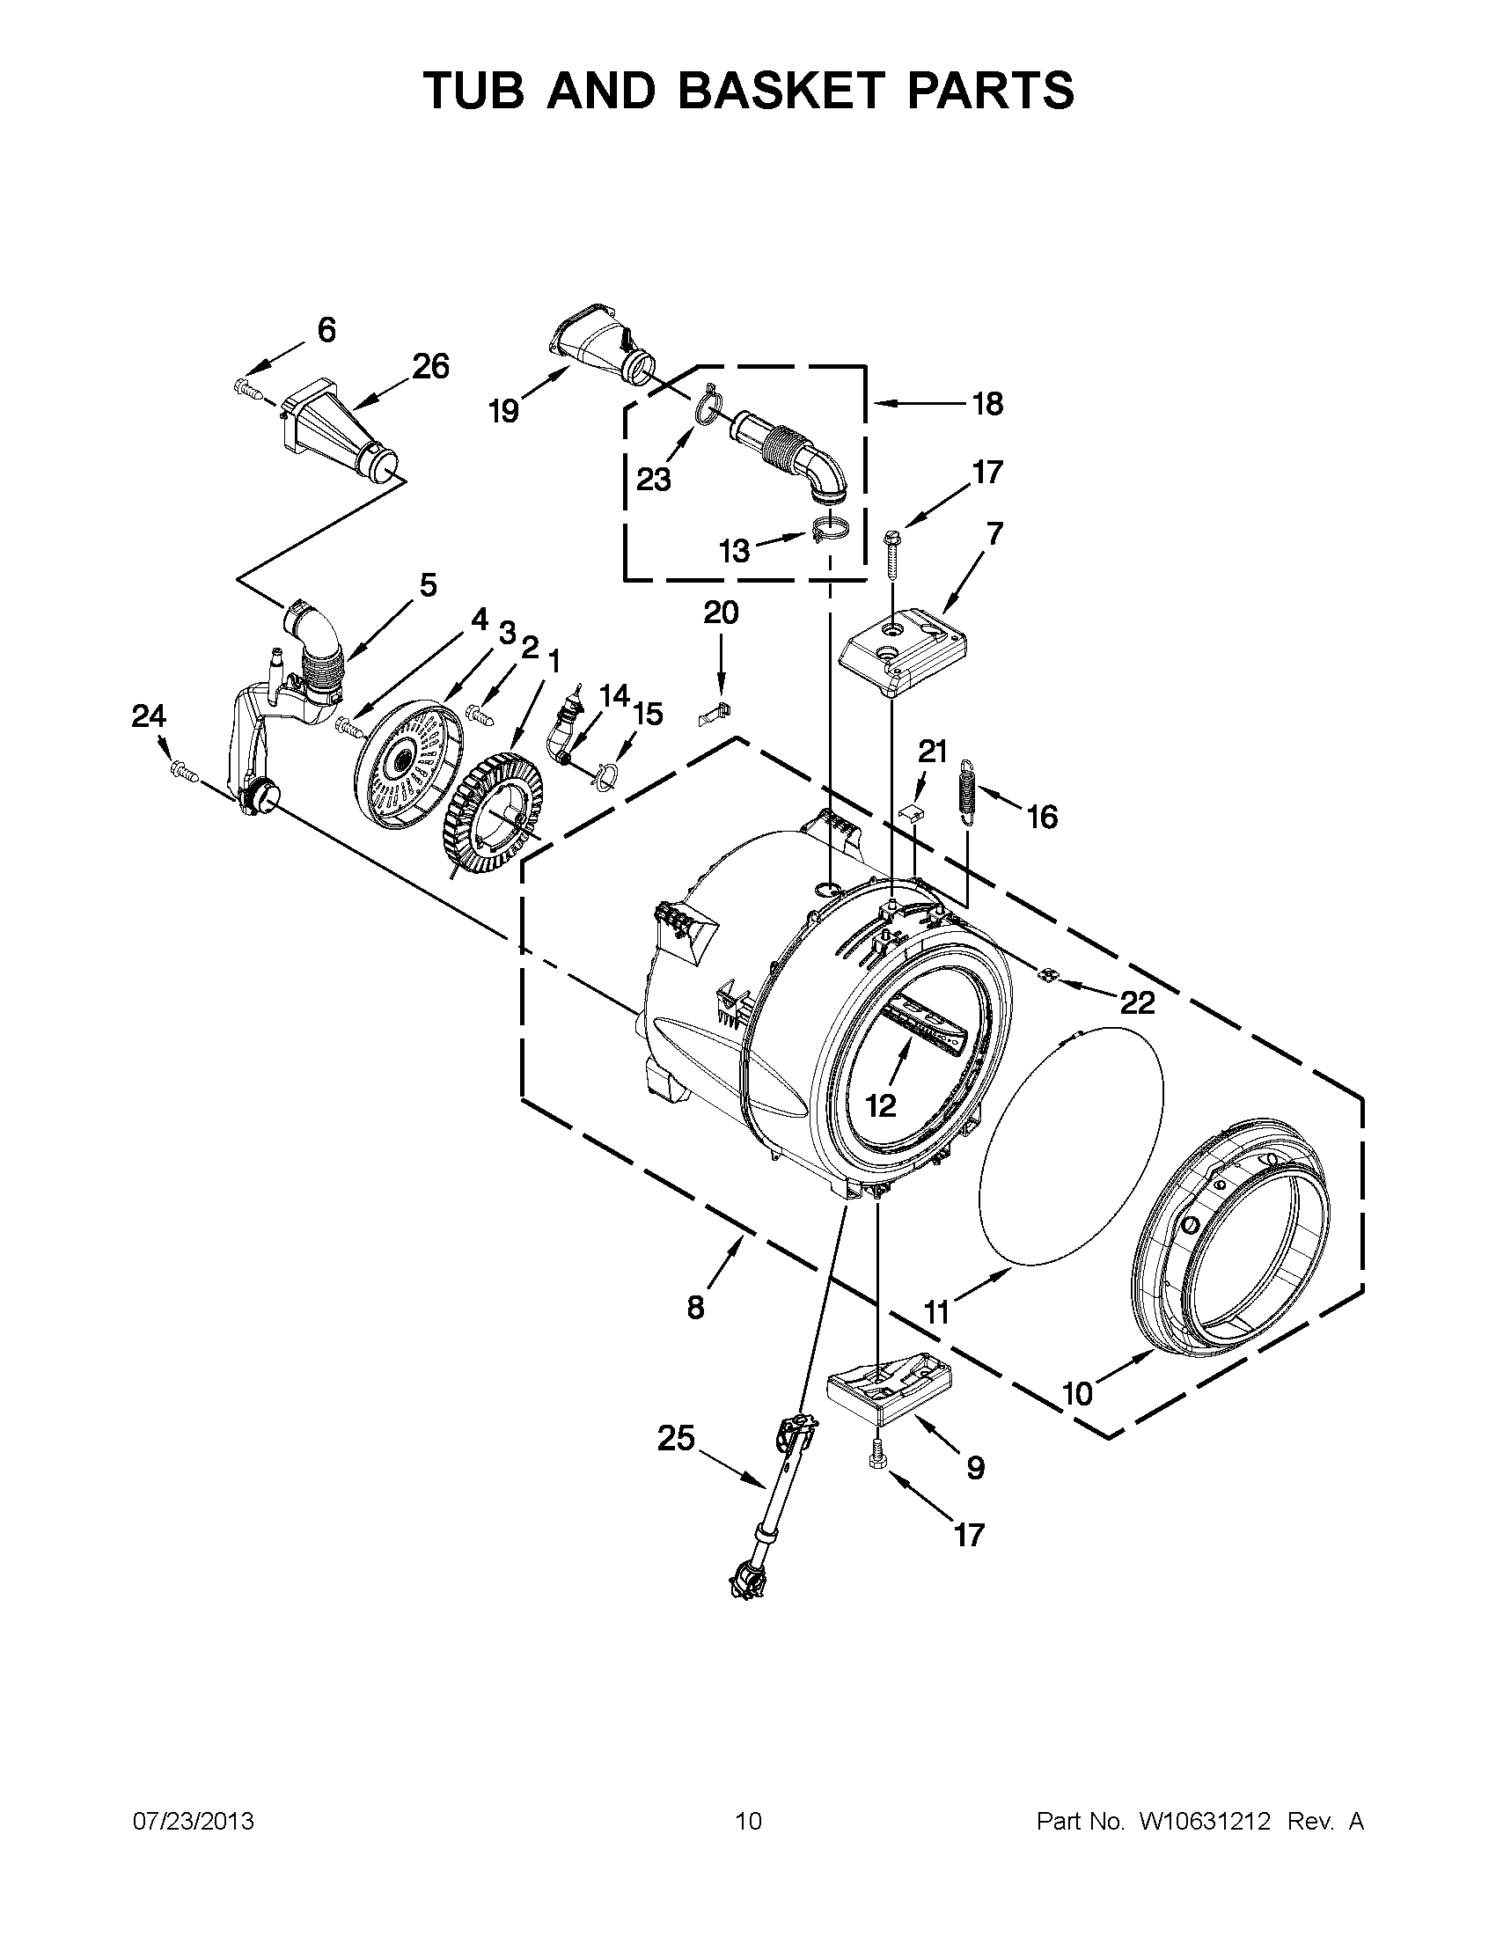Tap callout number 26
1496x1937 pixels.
tap(431, 365)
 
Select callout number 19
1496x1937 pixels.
tap(504, 411)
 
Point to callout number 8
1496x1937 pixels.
tap(695, 1306)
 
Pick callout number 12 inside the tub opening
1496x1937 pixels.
tap(881, 1105)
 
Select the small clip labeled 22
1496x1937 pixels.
tap(1048, 975)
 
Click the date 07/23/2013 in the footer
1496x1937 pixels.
tap(194, 1822)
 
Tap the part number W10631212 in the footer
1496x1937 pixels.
tap(1202, 1822)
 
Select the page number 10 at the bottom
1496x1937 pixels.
tap(747, 1822)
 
